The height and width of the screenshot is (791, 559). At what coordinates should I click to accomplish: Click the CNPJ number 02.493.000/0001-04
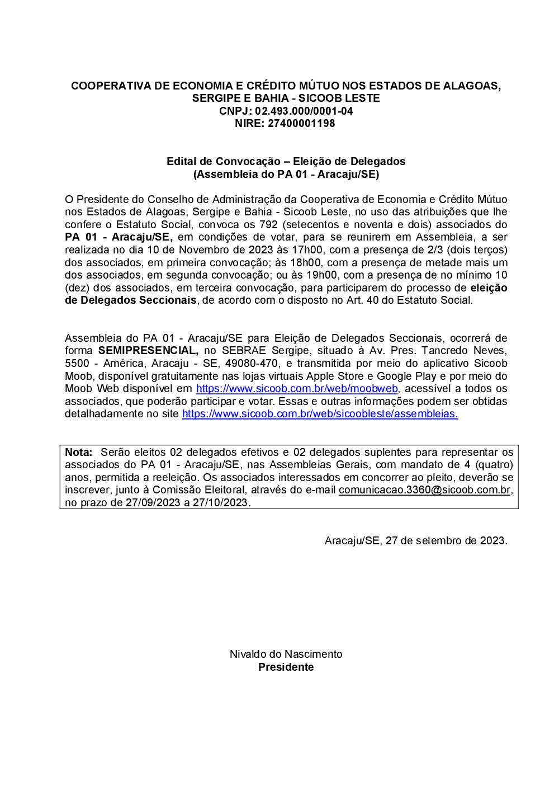click(x=304, y=111)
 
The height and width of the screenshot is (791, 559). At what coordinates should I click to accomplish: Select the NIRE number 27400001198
click(x=301, y=123)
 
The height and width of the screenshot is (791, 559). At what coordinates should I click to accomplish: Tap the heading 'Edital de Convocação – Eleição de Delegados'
click(x=286, y=161)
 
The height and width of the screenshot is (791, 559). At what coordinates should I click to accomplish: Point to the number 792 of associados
click(x=268, y=224)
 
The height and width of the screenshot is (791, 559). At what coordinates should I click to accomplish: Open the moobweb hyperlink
click(x=297, y=389)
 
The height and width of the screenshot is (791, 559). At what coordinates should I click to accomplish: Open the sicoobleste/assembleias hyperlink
click(x=320, y=414)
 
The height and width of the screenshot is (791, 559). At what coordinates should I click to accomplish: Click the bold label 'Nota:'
click(x=79, y=452)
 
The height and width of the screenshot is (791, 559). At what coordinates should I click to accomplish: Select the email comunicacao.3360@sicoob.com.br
click(x=425, y=490)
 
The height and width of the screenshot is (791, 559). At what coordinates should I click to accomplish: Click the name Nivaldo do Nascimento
click(x=286, y=654)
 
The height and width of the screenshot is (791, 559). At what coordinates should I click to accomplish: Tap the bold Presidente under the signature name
click(x=286, y=667)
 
